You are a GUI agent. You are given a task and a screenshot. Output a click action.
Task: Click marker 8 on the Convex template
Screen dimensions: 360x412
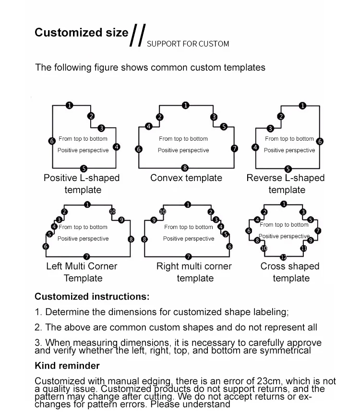pos(185,168)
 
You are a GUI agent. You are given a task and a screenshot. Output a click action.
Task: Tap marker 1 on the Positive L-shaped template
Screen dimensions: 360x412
pos(69,105)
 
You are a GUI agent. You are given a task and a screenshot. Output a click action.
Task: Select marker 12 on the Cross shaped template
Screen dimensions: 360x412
pos(283,257)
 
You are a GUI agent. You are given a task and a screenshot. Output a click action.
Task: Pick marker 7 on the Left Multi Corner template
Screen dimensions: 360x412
pos(86,256)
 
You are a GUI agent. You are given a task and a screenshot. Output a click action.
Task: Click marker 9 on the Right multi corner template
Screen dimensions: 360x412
pos(154,220)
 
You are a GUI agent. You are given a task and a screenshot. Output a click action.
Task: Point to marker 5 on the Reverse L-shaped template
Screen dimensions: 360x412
pos(288,169)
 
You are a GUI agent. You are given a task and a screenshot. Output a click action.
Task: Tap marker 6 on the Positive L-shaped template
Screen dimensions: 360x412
pos(52,141)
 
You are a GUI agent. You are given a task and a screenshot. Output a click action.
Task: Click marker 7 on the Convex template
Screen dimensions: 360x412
pos(234,148)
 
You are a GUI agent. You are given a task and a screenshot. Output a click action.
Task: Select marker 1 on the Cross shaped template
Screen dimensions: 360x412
pos(284,204)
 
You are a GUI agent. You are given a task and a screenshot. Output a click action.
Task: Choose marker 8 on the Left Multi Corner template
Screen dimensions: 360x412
pos(131,239)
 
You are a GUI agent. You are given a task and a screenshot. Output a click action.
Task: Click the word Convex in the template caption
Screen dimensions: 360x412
pos(166,178)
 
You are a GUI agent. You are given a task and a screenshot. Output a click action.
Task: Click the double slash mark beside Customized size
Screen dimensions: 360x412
pos(138,35)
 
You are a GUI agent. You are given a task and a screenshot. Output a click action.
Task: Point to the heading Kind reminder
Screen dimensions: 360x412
pos(67,365)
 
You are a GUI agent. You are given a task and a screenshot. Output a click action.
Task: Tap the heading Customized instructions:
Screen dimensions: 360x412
pos(92,296)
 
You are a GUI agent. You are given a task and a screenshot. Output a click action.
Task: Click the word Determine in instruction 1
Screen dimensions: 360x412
pos(68,312)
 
